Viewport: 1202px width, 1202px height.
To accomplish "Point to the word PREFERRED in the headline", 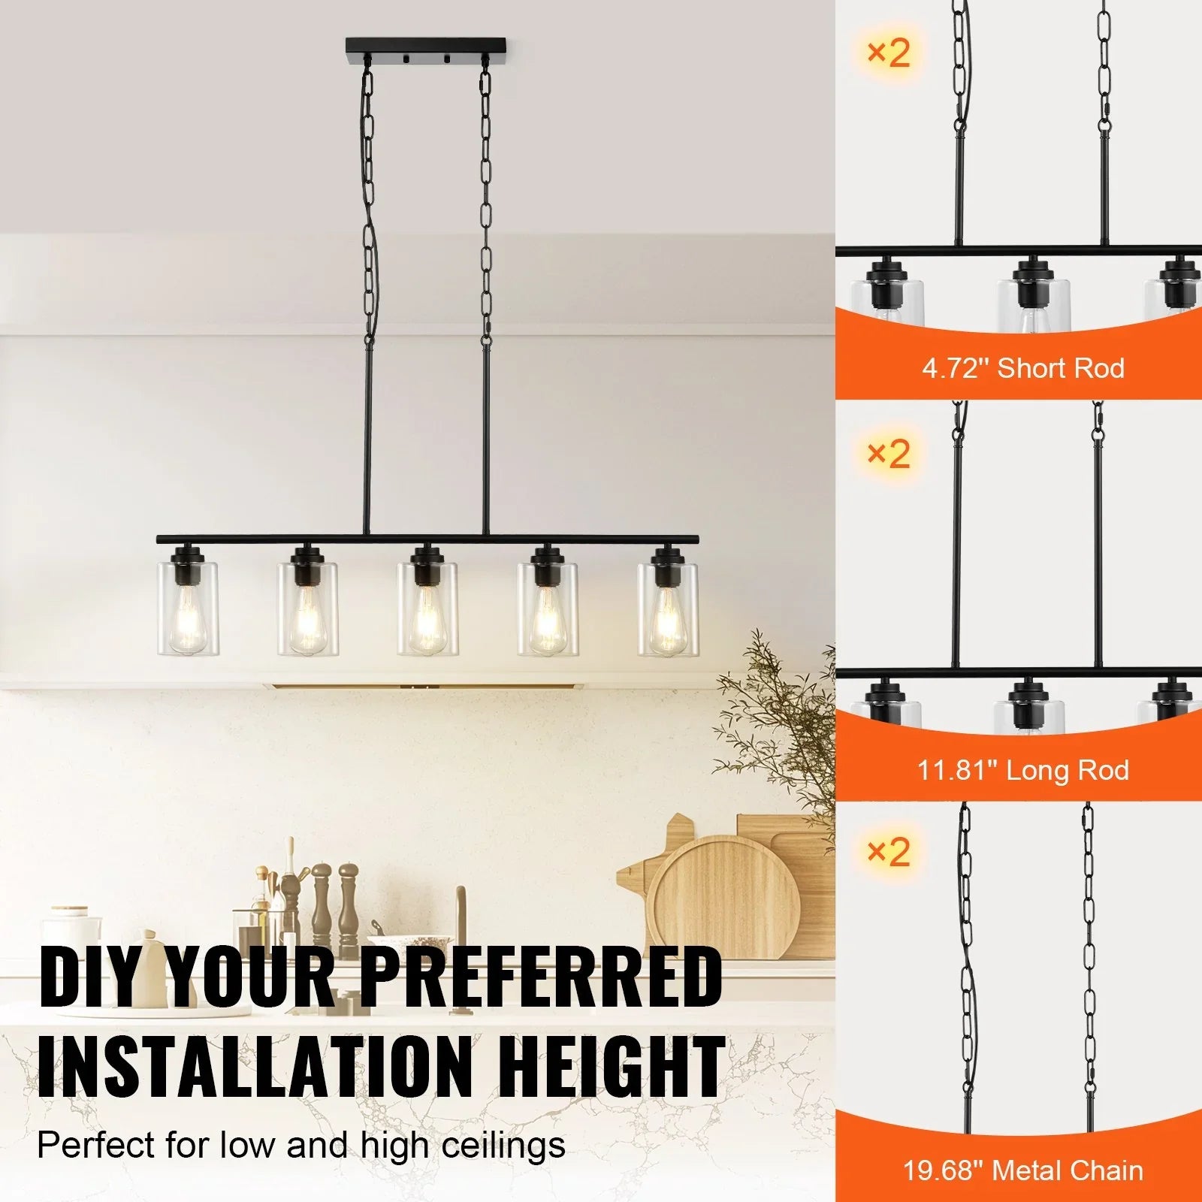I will tap(541, 977).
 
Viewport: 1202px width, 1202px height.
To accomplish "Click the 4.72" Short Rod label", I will tap(1023, 368).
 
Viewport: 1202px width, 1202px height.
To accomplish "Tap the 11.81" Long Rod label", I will tap(1023, 770).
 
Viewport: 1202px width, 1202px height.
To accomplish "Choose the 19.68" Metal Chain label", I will tap(1023, 1170).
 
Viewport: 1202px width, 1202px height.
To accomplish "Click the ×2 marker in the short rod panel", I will tap(888, 53).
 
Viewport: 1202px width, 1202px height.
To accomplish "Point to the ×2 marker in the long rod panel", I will tap(888, 454).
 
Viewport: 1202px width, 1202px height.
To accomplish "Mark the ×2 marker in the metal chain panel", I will tap(888, 852).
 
